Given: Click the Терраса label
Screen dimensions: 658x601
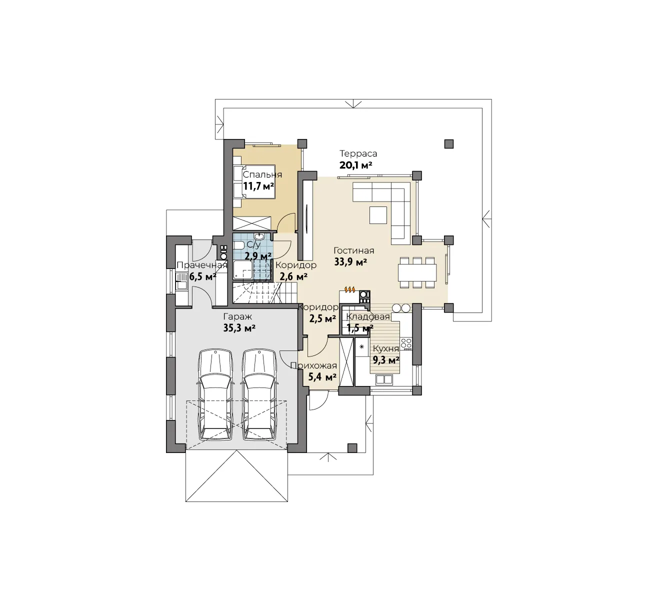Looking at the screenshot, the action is tap(358, 153).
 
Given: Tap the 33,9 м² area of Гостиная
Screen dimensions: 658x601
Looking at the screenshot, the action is tap(350, 262).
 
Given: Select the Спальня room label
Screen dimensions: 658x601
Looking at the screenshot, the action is tap(262, 174).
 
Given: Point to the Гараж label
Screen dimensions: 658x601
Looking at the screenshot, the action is tap(237, 316).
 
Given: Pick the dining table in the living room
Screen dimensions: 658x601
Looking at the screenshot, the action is tap(417, 272).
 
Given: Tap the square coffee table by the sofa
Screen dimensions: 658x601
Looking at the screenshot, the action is tap(378, 215).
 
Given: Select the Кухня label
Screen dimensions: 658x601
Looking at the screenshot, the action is tap(385, 348).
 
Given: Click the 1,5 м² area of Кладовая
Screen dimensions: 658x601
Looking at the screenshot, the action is tap(360, 328).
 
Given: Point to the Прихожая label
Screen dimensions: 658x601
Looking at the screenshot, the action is tap(314, 366).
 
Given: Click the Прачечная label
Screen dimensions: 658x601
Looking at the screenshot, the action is tap(202, 265).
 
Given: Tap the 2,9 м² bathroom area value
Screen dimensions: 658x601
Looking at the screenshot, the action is tap(258, 255).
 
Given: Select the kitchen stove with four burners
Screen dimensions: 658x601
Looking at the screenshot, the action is tap(406, 343).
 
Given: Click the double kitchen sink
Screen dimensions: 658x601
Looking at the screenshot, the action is tap(384, 379).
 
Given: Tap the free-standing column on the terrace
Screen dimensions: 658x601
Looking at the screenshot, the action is tap(448, 143).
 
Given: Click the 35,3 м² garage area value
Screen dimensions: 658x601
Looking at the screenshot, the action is tap(239, 328).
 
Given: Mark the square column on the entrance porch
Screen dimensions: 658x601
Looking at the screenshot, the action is tap(352, 448).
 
